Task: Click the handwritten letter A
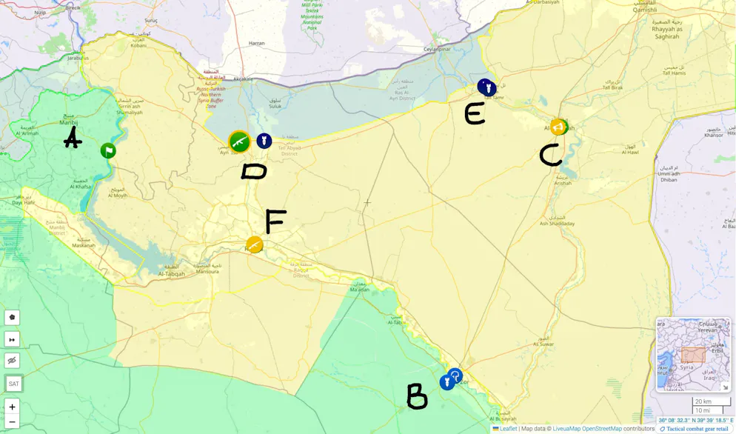[x=73, y=138]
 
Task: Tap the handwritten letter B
[x=417, y=396]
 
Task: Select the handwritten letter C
[x=550, y=155]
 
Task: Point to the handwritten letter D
[x=254, y=172]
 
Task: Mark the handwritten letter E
[x=475, y=113]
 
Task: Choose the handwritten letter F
[x=275, y=221]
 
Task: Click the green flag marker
[x=108, y=151]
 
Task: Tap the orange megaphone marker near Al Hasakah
[x=558, y=127]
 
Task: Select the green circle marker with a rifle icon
[x=239, y=141]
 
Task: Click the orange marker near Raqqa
[x=255, y=244]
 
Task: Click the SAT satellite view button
[x=13, y=384]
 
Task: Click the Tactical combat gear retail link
[x=697, y=429]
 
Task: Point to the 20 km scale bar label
[x=703, y=401]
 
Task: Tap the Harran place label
[x=257, y=44]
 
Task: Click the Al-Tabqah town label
[x=171, y=274]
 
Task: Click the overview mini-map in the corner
[x=692, y=355]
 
